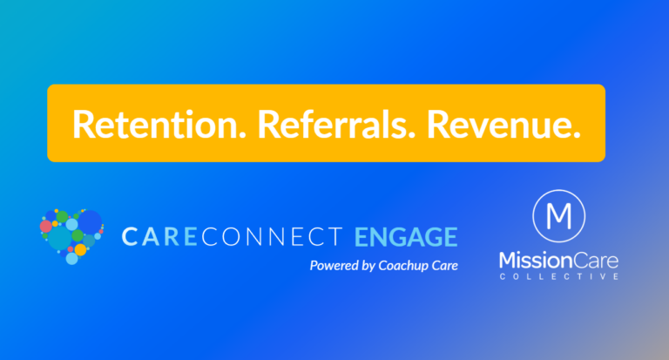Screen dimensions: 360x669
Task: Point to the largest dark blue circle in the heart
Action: pyautogui.click(x=90, y=222)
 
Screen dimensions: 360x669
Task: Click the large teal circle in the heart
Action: pyautogui.click(x=59, y=238)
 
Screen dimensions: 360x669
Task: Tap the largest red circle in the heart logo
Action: pyautogui.click(x=46, y=226)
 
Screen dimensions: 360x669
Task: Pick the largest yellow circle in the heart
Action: pyautogui.click(x=81, y=249)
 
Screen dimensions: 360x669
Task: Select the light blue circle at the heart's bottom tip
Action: pyautogui.click(x=71, y=259)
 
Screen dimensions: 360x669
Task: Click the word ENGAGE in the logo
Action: pyautogui.click(x=406, y=236)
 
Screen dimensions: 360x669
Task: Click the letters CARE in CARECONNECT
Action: pyautogui.click(x=155, y=236)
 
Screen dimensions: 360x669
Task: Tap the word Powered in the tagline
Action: pyautogui.click(x=334, y=266)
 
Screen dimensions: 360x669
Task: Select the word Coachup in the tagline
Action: pyautogui.click(x=408, y=265)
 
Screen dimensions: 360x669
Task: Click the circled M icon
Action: pyautogui.click(x=558, y=214)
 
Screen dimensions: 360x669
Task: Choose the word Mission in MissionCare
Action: pyautogui.click(x=529, y=259)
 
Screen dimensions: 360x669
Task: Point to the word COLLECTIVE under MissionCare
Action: pyautogui.click(x=559, y=276)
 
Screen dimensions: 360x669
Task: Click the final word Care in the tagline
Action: pyautogui.click(x=443, y=265)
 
